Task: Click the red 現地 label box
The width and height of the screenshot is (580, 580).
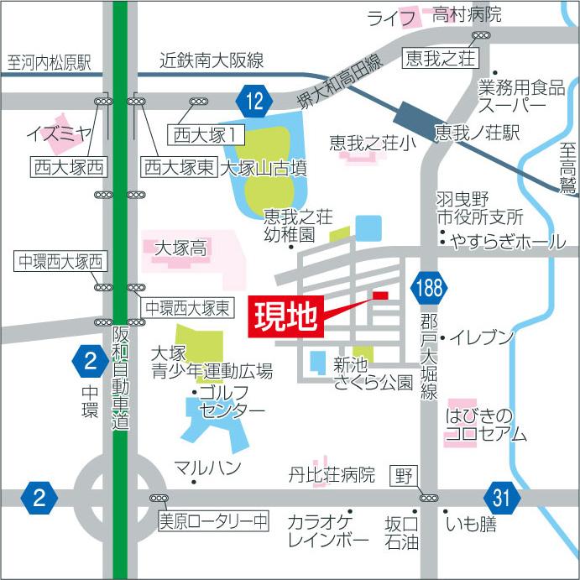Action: click(x=285, y=316)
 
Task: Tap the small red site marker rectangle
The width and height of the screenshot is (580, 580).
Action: click(x=380, y=295)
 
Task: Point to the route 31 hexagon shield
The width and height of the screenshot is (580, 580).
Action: click(x=501, y=498)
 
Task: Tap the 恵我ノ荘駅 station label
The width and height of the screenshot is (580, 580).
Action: click(x=478, y=133)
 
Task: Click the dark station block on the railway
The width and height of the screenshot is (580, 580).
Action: click(x=414, y=112)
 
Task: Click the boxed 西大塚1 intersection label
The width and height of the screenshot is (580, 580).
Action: click(x=208, y=133)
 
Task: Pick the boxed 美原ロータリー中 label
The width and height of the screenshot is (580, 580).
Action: click(x=213, y=520)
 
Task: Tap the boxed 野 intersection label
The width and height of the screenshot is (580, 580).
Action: click(x=405, y=477)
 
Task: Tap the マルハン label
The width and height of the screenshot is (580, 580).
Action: click(x=207, y=468)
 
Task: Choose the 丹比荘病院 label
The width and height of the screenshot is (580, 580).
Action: click(x=331, y=476)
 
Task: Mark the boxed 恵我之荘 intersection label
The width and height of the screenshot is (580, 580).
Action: click(x=440, y=58)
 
